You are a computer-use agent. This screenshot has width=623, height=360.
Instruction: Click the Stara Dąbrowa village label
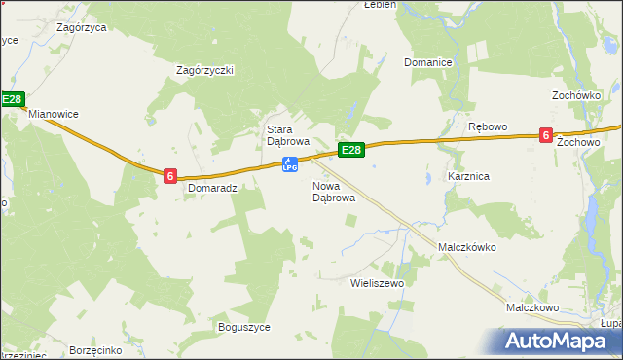(288, 135)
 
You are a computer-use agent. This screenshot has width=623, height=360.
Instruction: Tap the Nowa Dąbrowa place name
(333, 192)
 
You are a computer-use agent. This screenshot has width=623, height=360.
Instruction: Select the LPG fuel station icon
(289, 164)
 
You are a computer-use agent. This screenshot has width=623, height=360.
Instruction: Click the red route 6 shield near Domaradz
(170, 176)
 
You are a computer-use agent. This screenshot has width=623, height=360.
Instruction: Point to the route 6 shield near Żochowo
(547, 137)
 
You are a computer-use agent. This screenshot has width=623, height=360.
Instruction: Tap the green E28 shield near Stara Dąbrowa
(351, 150)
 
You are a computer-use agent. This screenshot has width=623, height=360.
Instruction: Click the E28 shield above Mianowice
(12, 99)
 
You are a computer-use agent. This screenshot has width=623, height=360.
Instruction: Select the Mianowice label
(53, 114)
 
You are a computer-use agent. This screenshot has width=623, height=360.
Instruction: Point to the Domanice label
(428, 63)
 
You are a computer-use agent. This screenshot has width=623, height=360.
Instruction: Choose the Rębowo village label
(488, 127)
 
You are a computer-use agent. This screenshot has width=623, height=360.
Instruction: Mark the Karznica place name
(467, 177)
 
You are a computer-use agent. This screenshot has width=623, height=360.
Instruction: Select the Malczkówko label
(467, 247)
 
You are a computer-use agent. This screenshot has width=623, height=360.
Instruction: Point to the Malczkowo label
(531, 307)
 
